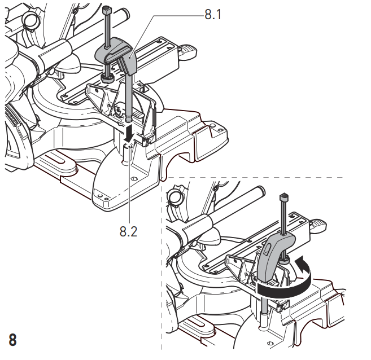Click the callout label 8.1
[x=213, y=14]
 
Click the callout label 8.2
[x=129, y=231]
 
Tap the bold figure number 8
[x=12, y=340]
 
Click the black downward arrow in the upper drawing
[x=129, y=134]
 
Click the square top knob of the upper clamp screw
[x=107, y=10]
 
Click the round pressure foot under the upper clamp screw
[x=108, y=78]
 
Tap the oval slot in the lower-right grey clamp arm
[x=267, y=249]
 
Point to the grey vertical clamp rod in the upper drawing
[x=129, y=97]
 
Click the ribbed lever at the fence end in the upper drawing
[x=189, y=51]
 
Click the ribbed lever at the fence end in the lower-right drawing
[x=318, y=226]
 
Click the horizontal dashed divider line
[x=255, y=177]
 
